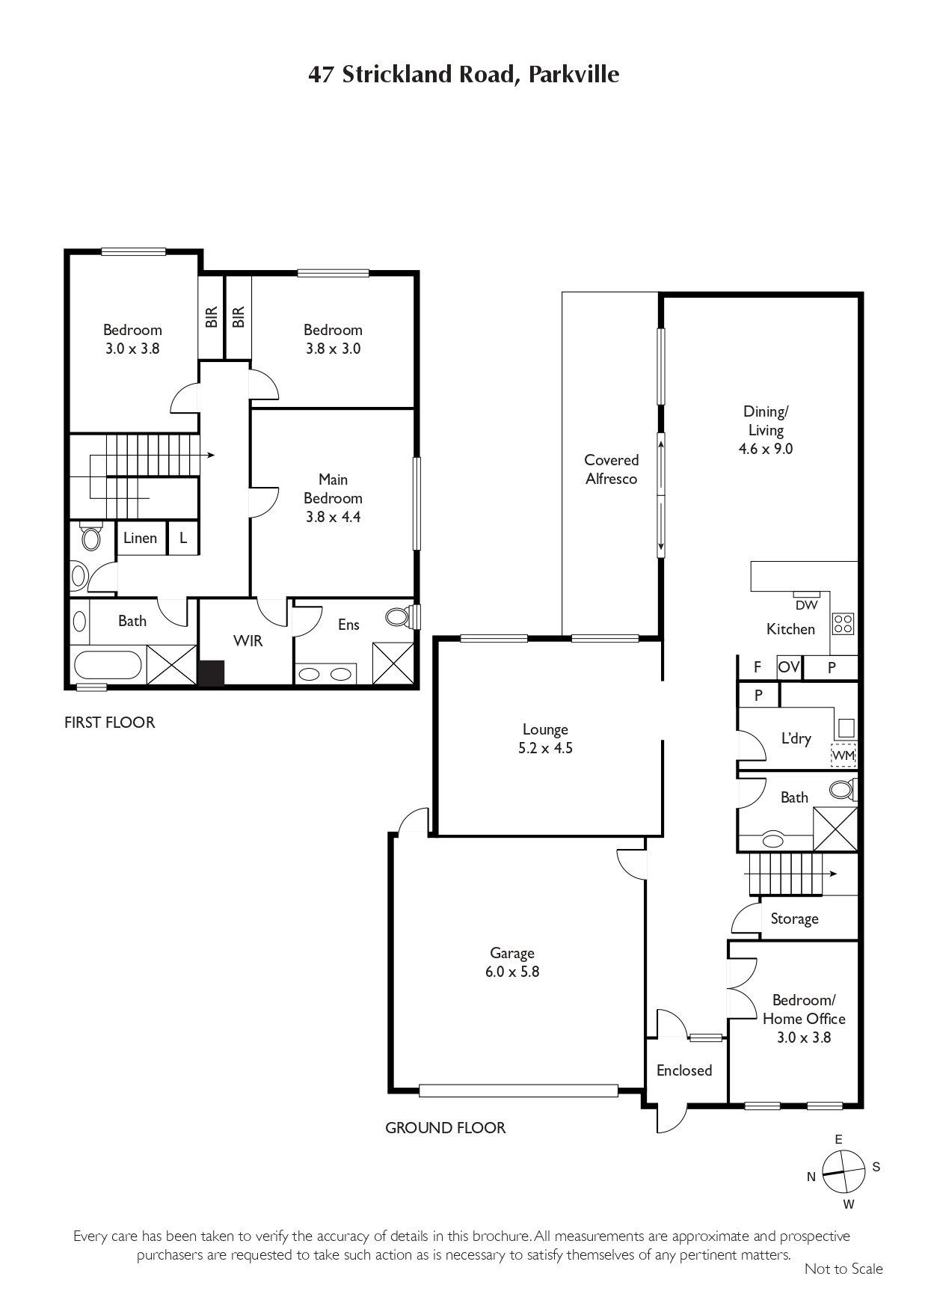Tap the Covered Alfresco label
(x=611, y=469)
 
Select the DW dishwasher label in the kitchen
(x=806, y=605)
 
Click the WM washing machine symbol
(x=844, y=755)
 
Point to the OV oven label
(x=789, y=666)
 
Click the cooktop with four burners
(x=844, y=624)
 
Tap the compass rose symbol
(x=844, y=1171)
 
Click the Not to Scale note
(x=844, y=1269)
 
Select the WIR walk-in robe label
(x=248, y=641)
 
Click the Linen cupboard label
(x=140, y=538)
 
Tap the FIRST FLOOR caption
(x=110, y=723)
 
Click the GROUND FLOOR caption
(x=446, y=1128)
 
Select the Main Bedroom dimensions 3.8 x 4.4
(x=333, y=517)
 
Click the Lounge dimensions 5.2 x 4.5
(x=545, y=748)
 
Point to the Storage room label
(x=794, y=919)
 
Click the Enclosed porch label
(x=684, y=1070)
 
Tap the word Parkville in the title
(x=574, y=75)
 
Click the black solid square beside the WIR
(x=212, y=672)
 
